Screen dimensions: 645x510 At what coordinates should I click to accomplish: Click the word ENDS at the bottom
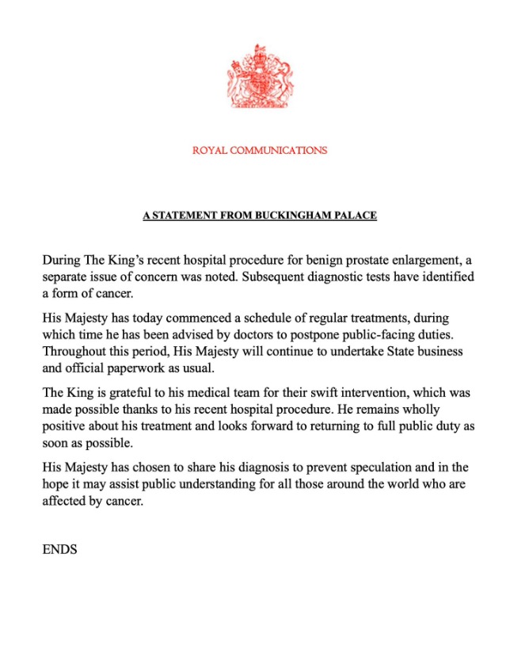[x=59, y=548]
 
